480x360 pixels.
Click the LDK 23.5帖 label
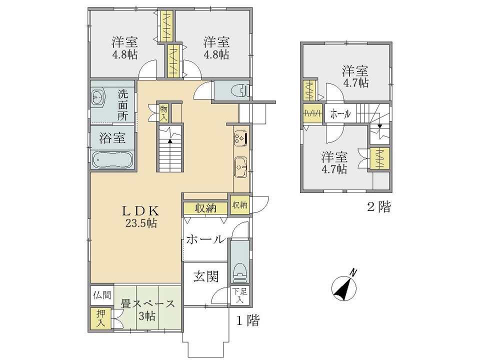coord(141,216)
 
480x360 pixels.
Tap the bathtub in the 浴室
coord(113,160)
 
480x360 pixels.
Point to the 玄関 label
coord(206,276)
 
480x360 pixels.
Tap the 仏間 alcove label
coord(102,295)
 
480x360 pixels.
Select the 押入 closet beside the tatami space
coord(100,318)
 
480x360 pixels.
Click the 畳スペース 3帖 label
coord(147,309)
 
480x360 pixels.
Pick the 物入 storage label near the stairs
coord(164,112)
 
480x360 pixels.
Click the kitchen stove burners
coord(239,138)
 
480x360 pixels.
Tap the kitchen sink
coord(240,167)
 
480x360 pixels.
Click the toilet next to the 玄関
coord(240,272)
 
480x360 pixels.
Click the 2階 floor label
coord(379,207)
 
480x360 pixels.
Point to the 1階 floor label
coord(247,320)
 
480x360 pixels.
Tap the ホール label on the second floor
coord(340,114)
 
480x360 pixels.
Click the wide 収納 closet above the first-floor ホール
coord(206,208)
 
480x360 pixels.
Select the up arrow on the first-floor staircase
coord(170,141)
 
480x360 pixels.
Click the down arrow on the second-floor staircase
coord(379,126)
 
